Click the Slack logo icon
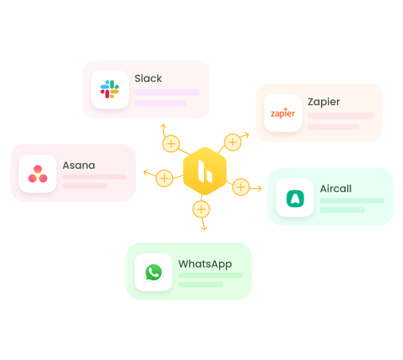click(109, 89)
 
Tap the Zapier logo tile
click(283, 113)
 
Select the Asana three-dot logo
click(37, 174)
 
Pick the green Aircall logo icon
click(295, 198)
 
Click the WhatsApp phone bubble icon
click(154, 272)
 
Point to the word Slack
click(148, 79)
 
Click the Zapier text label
click(323, 102)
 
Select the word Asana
click(79, 166)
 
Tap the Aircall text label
click(335, 189)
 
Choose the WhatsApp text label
click(205, 264)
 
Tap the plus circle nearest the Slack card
click(170, 144)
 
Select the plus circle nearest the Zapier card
click(233, 143)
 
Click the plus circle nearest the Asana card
click(164, 178)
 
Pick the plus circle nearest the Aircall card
click(241, 187)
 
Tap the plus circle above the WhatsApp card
click(201, 209)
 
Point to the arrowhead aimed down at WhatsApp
click(204, 229)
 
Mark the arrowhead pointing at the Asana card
click(144, 171)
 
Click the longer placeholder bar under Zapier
click(340, 115)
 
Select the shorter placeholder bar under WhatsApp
click(200, 284)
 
